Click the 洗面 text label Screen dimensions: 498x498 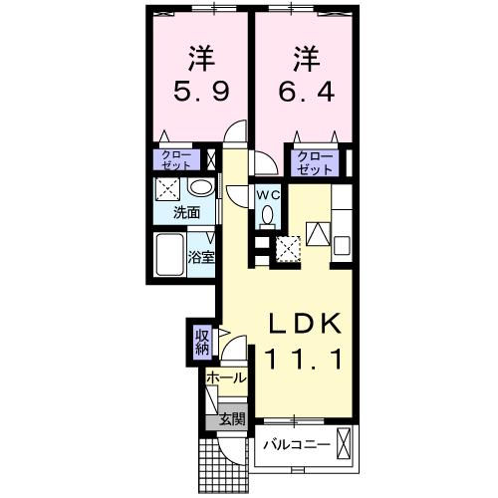click(185, 212)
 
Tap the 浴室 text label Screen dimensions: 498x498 click(201, 256)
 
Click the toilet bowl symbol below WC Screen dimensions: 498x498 click(266, 219)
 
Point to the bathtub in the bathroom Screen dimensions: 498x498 click(170, 254)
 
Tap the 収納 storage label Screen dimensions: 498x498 click(202, 342)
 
